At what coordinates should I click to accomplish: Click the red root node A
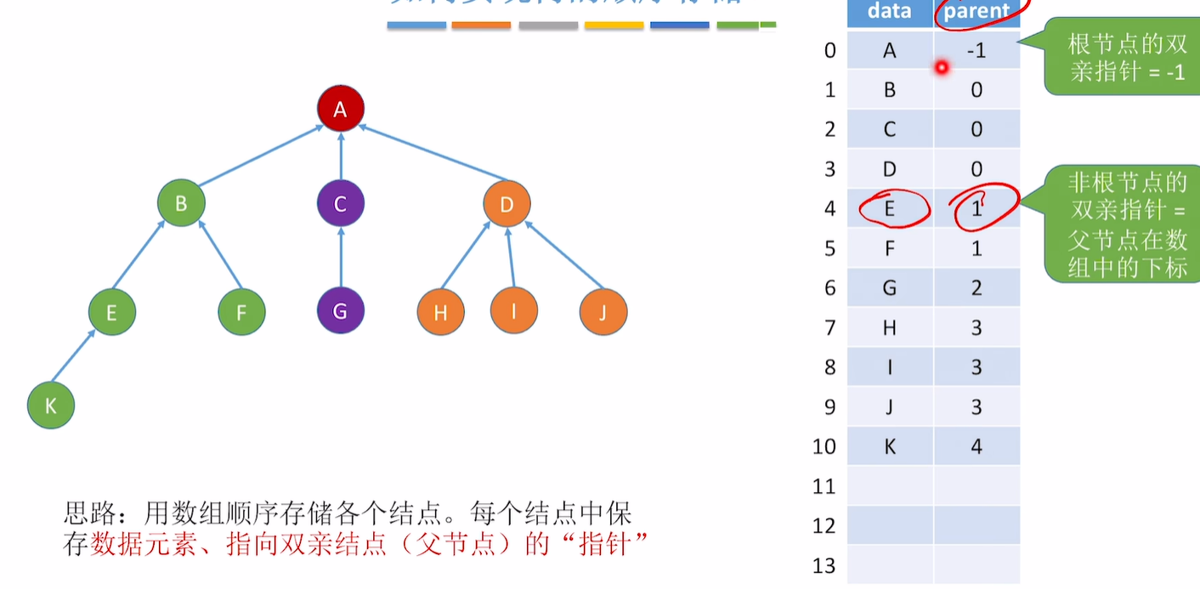tap(340, 109)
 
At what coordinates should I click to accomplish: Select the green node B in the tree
tap(181, 204)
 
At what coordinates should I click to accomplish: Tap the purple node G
tap(340, 311)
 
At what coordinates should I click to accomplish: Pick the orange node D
tap(507, 204)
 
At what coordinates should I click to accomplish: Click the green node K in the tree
tap(51, 405)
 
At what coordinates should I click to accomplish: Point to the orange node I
tap(513, 311)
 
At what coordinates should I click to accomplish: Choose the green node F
tap(241, 312)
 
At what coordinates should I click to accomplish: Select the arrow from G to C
tap(340, 257)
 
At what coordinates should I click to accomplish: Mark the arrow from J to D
tap(563, 254)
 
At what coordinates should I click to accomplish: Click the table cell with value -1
tap(976, 51)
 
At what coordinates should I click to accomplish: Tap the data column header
tap(889, 11)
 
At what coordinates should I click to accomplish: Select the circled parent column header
tap(976, 11)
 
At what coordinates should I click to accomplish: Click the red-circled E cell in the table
tap(889, 208)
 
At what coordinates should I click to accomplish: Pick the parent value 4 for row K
tap(976, 446)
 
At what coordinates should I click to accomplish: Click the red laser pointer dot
tap(942, 67)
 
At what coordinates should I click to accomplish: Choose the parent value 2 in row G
tap(976, 288)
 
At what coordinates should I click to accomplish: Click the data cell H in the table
tap(889, 327)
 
